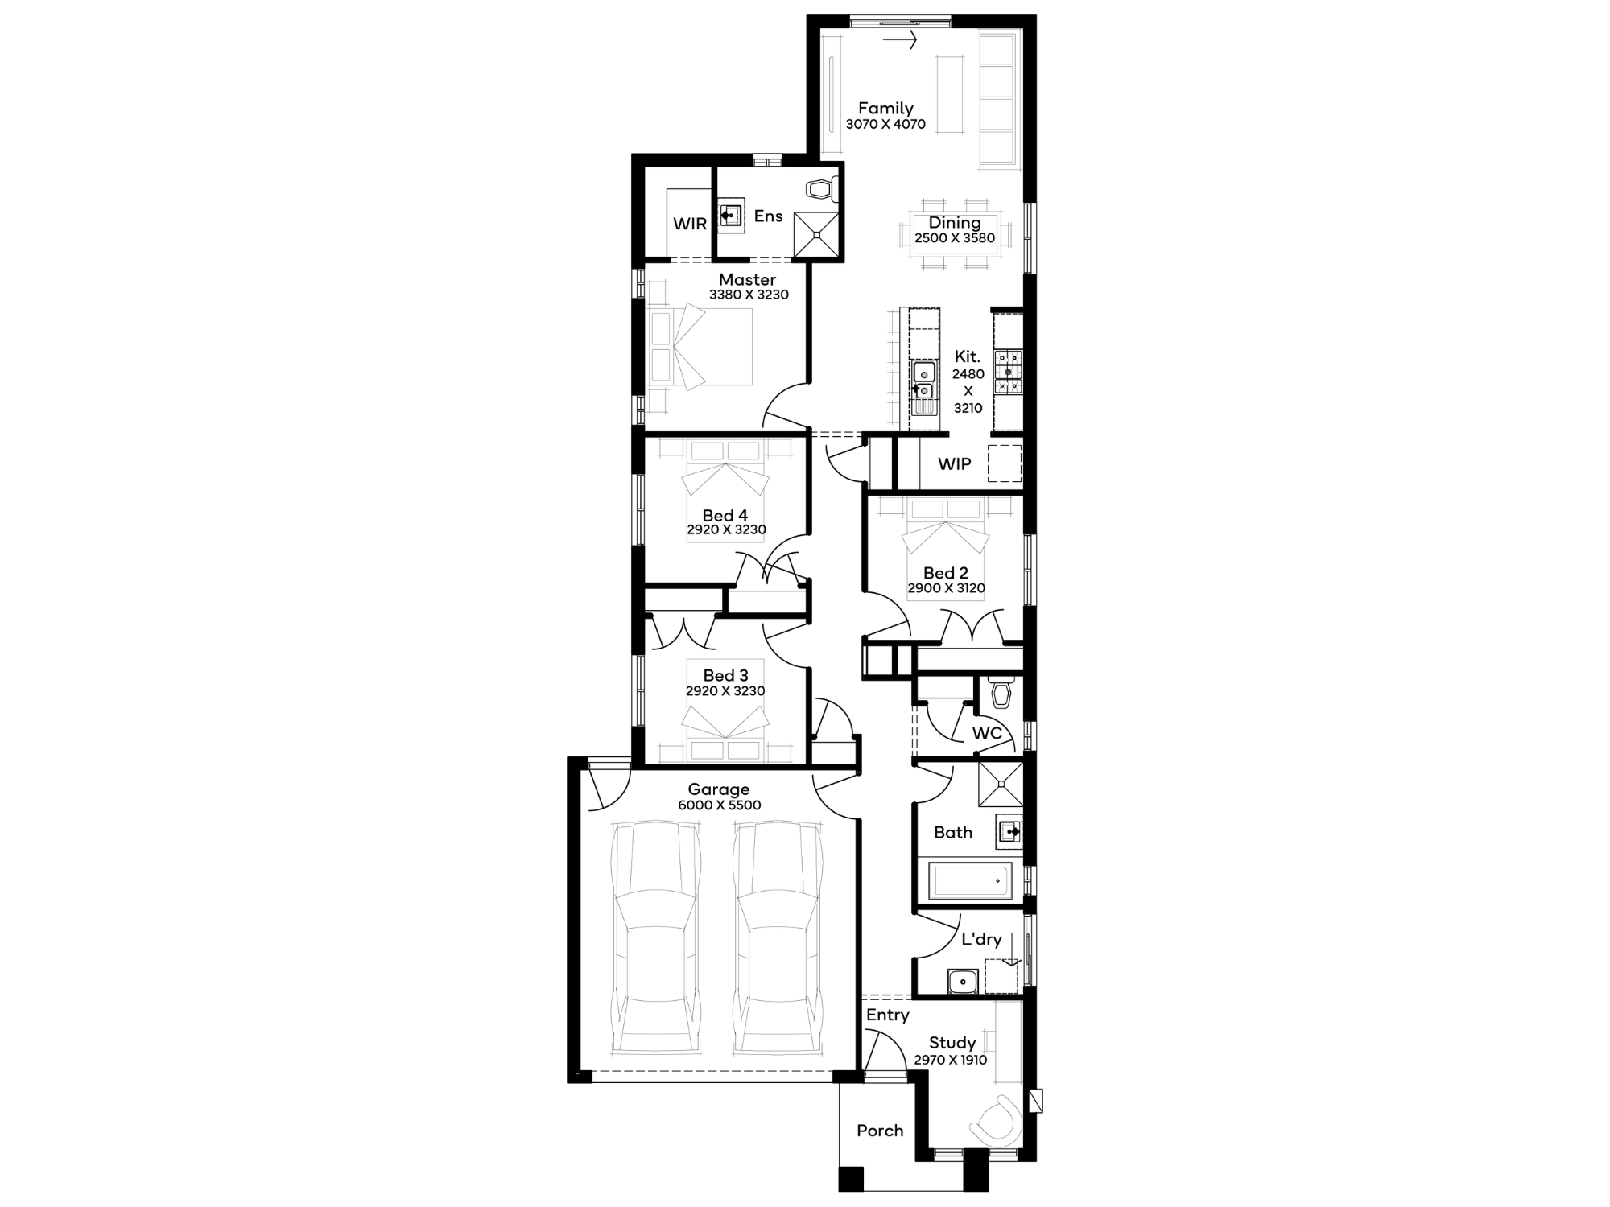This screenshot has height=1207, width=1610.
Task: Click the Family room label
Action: (885, 108)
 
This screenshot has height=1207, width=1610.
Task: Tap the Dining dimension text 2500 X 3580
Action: (955, 238)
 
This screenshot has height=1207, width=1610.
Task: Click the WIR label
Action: (690, 224)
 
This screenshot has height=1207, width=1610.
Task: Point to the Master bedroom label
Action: (748, 279)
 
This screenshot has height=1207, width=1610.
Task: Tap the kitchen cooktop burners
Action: (1008, 373)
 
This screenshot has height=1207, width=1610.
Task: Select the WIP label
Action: (955, 464)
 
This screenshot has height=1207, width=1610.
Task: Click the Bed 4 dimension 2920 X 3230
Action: (726, 529)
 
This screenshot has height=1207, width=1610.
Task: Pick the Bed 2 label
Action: (946, 573)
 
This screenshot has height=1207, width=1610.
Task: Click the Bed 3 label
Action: (725, 675)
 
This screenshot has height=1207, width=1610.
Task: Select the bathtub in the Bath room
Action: (970, 881)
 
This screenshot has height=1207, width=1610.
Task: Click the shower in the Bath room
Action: (1001, 783)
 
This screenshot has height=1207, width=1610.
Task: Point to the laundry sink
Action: (962, 982)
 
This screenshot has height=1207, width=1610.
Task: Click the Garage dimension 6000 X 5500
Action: (719, 805)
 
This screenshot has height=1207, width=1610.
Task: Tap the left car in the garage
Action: (655, 937)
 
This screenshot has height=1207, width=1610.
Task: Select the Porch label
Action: (880, 1131)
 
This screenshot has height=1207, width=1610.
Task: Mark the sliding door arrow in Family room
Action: (900, 39)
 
